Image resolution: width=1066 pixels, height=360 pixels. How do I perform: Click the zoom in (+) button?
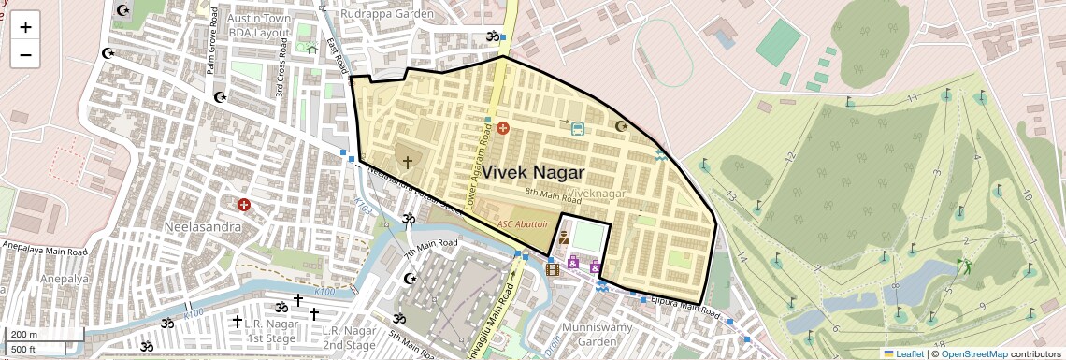coord(25,26)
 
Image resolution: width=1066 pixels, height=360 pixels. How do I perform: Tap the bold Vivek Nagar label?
coord(533,173)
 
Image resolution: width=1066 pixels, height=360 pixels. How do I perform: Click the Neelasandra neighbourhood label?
coord(203,227)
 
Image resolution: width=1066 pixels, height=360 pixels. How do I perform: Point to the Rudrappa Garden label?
coord(387,14)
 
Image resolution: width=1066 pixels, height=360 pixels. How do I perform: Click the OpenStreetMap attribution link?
coord(973,353)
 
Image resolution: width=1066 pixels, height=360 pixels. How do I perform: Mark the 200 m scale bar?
coord(35,335)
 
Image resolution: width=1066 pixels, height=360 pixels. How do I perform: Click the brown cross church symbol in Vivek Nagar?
coord(407,162)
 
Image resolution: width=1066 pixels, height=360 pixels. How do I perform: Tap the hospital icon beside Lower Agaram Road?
coord(502,126)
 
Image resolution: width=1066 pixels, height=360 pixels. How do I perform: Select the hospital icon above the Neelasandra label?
coord(244,204)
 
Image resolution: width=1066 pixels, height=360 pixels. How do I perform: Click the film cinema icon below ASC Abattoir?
coord(553,269)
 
